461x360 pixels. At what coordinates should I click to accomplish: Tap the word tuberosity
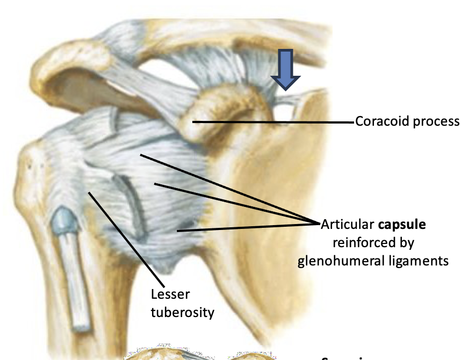[x=182, y=312]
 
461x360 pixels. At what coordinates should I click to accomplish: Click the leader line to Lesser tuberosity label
[x=126, y=237]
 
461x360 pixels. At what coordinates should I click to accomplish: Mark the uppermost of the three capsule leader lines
[x=226, y=188]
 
